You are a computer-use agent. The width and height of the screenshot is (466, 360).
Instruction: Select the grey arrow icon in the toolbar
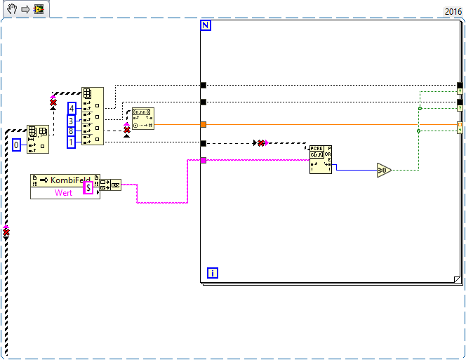pos(25,11)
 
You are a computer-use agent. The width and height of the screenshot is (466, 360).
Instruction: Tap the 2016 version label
pos(453,11)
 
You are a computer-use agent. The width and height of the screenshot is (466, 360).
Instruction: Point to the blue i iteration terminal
pos(212,272)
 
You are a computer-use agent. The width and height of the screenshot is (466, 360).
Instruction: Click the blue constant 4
pos(72,108)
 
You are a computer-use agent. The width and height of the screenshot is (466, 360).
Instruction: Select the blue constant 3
pos(72,120)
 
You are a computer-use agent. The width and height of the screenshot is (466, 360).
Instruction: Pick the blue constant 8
pos(72,131)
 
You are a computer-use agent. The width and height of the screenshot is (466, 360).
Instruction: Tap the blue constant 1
pos(72,142)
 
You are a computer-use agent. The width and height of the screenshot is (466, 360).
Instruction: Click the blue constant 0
pos(17,145)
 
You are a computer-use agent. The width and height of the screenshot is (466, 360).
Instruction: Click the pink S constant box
pos(88,187)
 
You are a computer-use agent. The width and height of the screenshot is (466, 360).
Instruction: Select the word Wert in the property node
pos(64,193)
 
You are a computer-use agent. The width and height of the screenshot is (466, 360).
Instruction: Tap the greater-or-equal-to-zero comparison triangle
pos(383,170)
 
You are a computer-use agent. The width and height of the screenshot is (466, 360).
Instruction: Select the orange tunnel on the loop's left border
pos(204,125)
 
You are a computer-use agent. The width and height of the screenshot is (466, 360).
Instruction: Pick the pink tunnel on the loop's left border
pos(204,161)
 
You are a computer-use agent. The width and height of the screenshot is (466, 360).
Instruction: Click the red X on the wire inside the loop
pos(261,143)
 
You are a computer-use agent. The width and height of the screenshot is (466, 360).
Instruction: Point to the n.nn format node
pos(142,117)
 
